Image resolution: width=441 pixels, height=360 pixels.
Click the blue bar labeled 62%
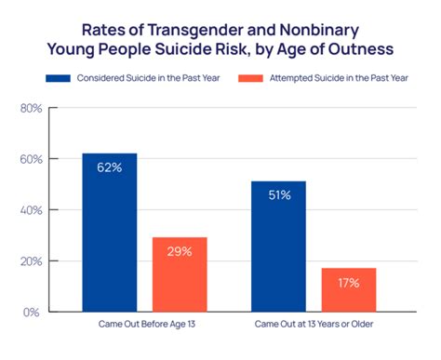pyautogui.click(x=110, y=233)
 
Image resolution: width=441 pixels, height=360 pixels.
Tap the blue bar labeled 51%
pyautogui.click(x=279, y=247)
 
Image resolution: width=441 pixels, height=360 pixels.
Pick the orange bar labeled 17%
pyautogui.click(x=350, y=289)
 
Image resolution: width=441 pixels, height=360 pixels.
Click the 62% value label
pyautogui.click(x=110, y=168)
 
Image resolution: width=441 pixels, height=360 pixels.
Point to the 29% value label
pyautogui.click(x=180, y=251)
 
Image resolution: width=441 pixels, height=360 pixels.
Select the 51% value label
pyautogui.click(x=279, y=195)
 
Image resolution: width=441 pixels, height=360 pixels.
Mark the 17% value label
pyautogui.click(x=350, y=283)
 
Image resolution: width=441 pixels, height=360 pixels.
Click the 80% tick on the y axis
pyautogui.click(x=31, y=108)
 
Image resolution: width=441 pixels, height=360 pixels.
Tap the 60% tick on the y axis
pyautogui.click(x=31, y=159)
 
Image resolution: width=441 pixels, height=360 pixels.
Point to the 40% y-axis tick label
pyautogui.click(x=31, y=210)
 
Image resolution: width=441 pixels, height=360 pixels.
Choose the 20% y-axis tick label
pyautogui.click(x=31, y=261)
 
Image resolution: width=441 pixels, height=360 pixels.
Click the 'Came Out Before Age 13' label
pyautogui.click(x=144, y=327)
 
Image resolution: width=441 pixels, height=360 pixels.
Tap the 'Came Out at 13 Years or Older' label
pyautogui.click(x=314, y=327)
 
